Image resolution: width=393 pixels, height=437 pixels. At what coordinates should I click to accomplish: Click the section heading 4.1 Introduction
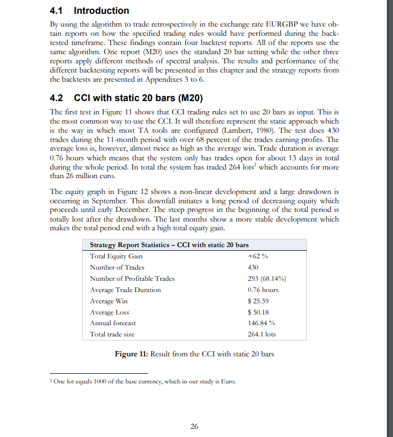(x=90, y=11)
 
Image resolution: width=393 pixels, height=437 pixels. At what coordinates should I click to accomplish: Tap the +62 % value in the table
(x=257, y=256)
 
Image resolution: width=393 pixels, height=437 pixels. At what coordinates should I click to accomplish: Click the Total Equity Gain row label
(x=116, y=256)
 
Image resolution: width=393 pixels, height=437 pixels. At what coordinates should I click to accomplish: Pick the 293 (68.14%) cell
(x=266, y=279)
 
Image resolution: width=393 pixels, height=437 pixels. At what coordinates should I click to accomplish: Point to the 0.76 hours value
(x=263, y=290)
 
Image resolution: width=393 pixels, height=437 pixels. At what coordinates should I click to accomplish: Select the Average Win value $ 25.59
(x=258, y=301)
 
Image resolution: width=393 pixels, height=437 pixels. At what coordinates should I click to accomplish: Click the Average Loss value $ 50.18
(x=258, y=312)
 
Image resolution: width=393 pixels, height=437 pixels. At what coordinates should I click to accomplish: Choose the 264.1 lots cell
(x=261, y=334)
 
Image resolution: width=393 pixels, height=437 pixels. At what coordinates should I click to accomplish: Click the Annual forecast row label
(x=113, y=323)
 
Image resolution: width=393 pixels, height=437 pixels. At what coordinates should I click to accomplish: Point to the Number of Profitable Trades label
(x=132, y=279)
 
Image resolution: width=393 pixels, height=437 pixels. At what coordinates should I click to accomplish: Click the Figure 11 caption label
(x=131, y=354)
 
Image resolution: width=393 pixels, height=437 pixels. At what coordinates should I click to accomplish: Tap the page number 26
(x=194, y=426)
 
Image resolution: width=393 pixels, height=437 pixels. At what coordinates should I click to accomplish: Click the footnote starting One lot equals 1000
(x=144, y=382)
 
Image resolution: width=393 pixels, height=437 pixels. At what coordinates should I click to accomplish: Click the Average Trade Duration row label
(x=125, y=290)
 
